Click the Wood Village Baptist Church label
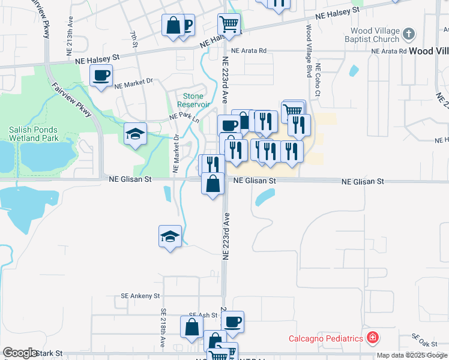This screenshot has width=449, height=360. pyautogui.click(x=367, y=35)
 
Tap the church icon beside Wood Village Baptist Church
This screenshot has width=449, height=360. pyautogui.click(x=408, y=34)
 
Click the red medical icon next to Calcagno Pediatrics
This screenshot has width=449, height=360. pyautogui.click(x=373, y=338)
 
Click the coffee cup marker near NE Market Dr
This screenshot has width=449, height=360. pyautogui.click(x=101, y=76)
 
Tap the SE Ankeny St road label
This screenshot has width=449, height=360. pyautogui.click(x=140, y=296)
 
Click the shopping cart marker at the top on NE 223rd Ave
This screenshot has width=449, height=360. pyautogui.click(x=229, y=25)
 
